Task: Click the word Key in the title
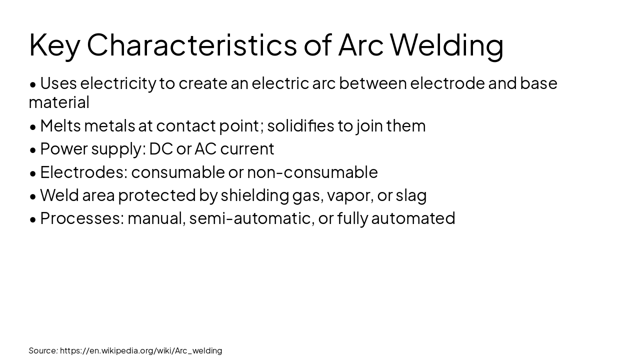tap(54, 45)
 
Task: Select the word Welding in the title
tap(446, 45)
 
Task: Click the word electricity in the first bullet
tap(118, 83)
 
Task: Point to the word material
tap(59, 102)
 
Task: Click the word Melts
tap(60, 125)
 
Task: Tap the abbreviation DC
tap(160, 148)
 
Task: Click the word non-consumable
tap(312, 172)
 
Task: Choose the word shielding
tap(254, 195)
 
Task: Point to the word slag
tap(411, 195)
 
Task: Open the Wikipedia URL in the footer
tap(141, 350)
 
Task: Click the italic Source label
tap(43, 350)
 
